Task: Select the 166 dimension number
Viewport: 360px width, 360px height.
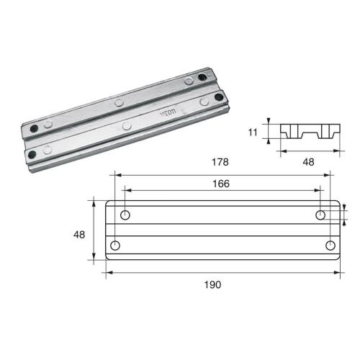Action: (221, 184)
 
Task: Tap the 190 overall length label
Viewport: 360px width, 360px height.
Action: (221, 284)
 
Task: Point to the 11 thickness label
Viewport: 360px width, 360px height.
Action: (253, 132)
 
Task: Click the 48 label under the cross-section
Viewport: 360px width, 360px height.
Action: (308, 163)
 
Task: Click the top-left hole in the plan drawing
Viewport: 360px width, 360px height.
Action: (125, 216)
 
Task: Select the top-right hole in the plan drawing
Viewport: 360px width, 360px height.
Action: (320, 216)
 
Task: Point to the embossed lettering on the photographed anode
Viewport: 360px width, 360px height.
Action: (166, 113)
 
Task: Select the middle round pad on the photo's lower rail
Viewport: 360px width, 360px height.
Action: (127, 127)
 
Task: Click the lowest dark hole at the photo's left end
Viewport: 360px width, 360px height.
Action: (30, 153)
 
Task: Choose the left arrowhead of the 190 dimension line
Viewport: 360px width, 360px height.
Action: (108, 272)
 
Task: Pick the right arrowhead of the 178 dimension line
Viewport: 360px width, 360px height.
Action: (332, 174)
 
